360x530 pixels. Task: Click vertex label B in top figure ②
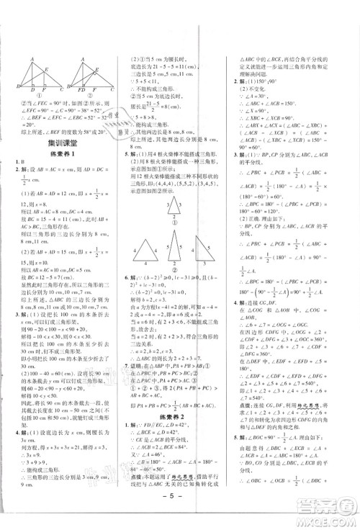point(71,89)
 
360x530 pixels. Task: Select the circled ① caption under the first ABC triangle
point(34,96)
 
